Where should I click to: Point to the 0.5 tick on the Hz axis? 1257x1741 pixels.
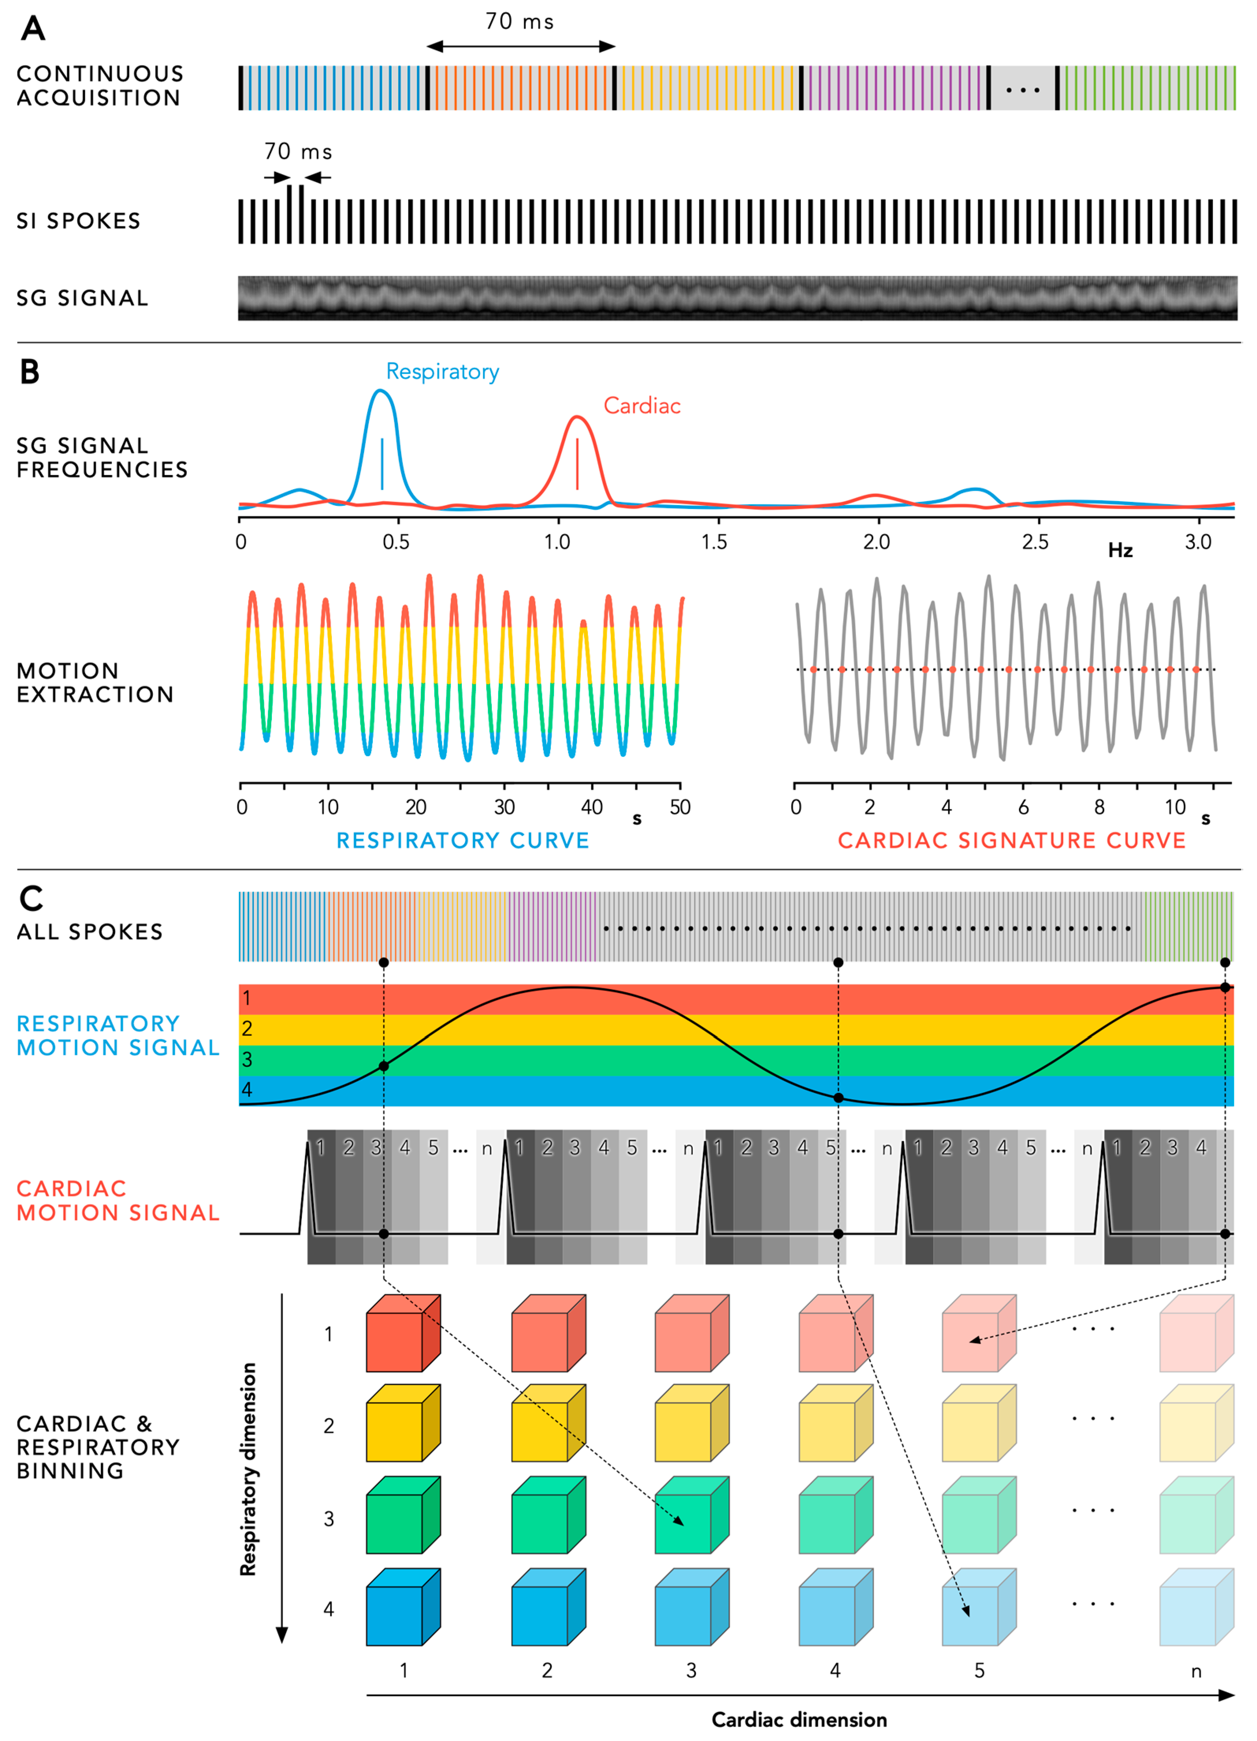click(x=396, y=542)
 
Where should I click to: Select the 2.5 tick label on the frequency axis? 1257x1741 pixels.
click(x=1035, y=542)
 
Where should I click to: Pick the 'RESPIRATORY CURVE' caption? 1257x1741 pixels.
click(x=463, y=841)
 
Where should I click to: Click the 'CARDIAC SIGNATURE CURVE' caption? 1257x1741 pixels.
click(x=1012, y=841)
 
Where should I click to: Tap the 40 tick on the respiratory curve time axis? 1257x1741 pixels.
click(x=592, y=807)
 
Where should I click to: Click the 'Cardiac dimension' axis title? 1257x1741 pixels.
click(x=799, y=1719)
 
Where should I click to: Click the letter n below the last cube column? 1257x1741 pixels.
click(x=1196, y=1671)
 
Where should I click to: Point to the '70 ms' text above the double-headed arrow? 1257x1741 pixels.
click(x=519, y=22)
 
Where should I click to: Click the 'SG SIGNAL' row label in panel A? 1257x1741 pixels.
click(x=82, y=298)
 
